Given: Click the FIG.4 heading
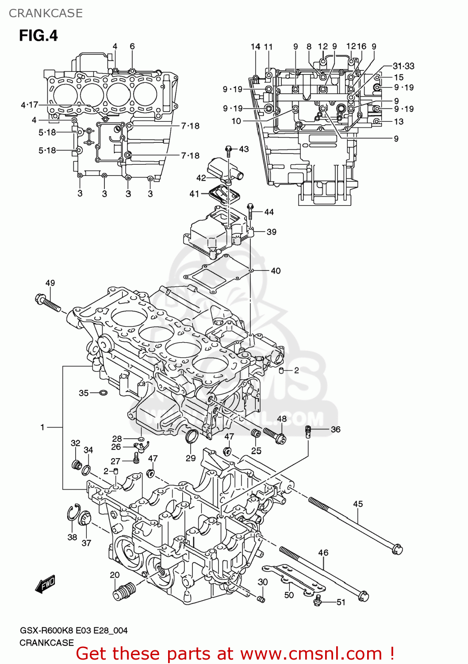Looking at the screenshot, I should (38, 35).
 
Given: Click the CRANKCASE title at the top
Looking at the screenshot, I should (46, 13).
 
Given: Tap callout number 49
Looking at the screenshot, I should (50, 283).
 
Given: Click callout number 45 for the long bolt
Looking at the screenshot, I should (358, 504).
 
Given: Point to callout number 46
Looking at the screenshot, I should (323, 552).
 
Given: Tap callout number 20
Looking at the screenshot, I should (115, 575).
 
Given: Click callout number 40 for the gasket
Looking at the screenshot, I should (276, 270).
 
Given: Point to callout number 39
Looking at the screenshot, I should (271, 232).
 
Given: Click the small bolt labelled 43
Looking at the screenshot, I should (229, 151).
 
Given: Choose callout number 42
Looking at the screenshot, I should (201, 178).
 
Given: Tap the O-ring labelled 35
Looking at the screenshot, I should (103, 393).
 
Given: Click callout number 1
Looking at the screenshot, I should (42, 427).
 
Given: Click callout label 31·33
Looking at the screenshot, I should (403, 66).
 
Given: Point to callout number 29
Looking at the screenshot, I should (191, 458).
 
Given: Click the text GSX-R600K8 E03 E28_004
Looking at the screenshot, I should (73, 630).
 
